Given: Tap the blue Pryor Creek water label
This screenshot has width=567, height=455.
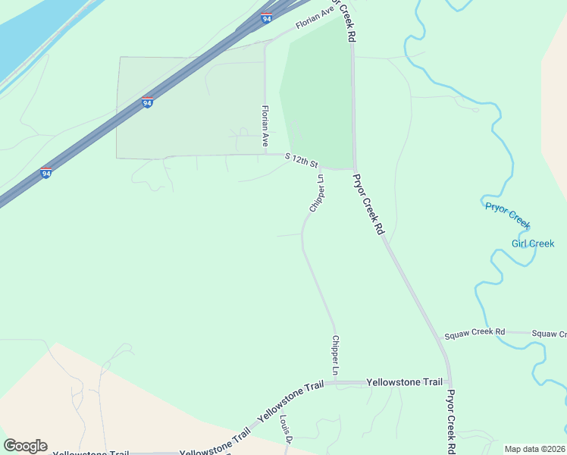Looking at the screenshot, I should (x=507, y=215).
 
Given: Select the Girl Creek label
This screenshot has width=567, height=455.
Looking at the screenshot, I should (x=533, y=243).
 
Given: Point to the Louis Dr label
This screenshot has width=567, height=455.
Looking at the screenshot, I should (x=285, y=428).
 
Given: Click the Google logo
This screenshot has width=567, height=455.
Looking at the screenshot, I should (x=25, y=446).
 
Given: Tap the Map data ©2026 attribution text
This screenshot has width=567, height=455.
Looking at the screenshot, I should (x=535, y=449).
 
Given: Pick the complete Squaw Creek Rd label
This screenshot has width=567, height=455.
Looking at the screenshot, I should (x=475, y=332).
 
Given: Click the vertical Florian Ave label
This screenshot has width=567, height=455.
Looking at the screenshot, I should (x=265, y=126).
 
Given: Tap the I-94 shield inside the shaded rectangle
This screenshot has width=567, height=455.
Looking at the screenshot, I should (x=147, y=102).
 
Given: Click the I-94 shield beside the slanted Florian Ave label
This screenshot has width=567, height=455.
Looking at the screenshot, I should (x=266, y=17).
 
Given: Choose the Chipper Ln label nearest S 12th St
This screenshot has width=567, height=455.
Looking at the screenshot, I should (x=316, y=193).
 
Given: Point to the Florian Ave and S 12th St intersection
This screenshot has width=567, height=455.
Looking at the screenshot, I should (x=265, y=154).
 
